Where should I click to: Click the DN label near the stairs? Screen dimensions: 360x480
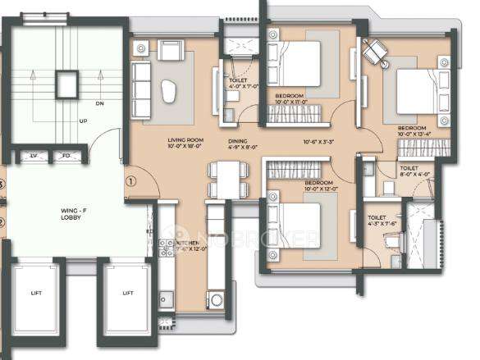point(100,104)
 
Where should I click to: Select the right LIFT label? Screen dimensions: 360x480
point(128,292)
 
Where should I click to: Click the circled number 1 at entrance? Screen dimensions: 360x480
point(130,182)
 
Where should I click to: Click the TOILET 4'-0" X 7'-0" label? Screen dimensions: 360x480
point(244,83)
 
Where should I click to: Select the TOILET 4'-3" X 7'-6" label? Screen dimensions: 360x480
point(378,221)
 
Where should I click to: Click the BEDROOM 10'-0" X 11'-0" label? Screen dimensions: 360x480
point(290,99)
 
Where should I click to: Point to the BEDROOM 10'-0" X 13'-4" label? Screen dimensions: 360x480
point(412,132)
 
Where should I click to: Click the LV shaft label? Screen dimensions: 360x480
point(34,155)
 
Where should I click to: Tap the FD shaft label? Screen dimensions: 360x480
point(66,155)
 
